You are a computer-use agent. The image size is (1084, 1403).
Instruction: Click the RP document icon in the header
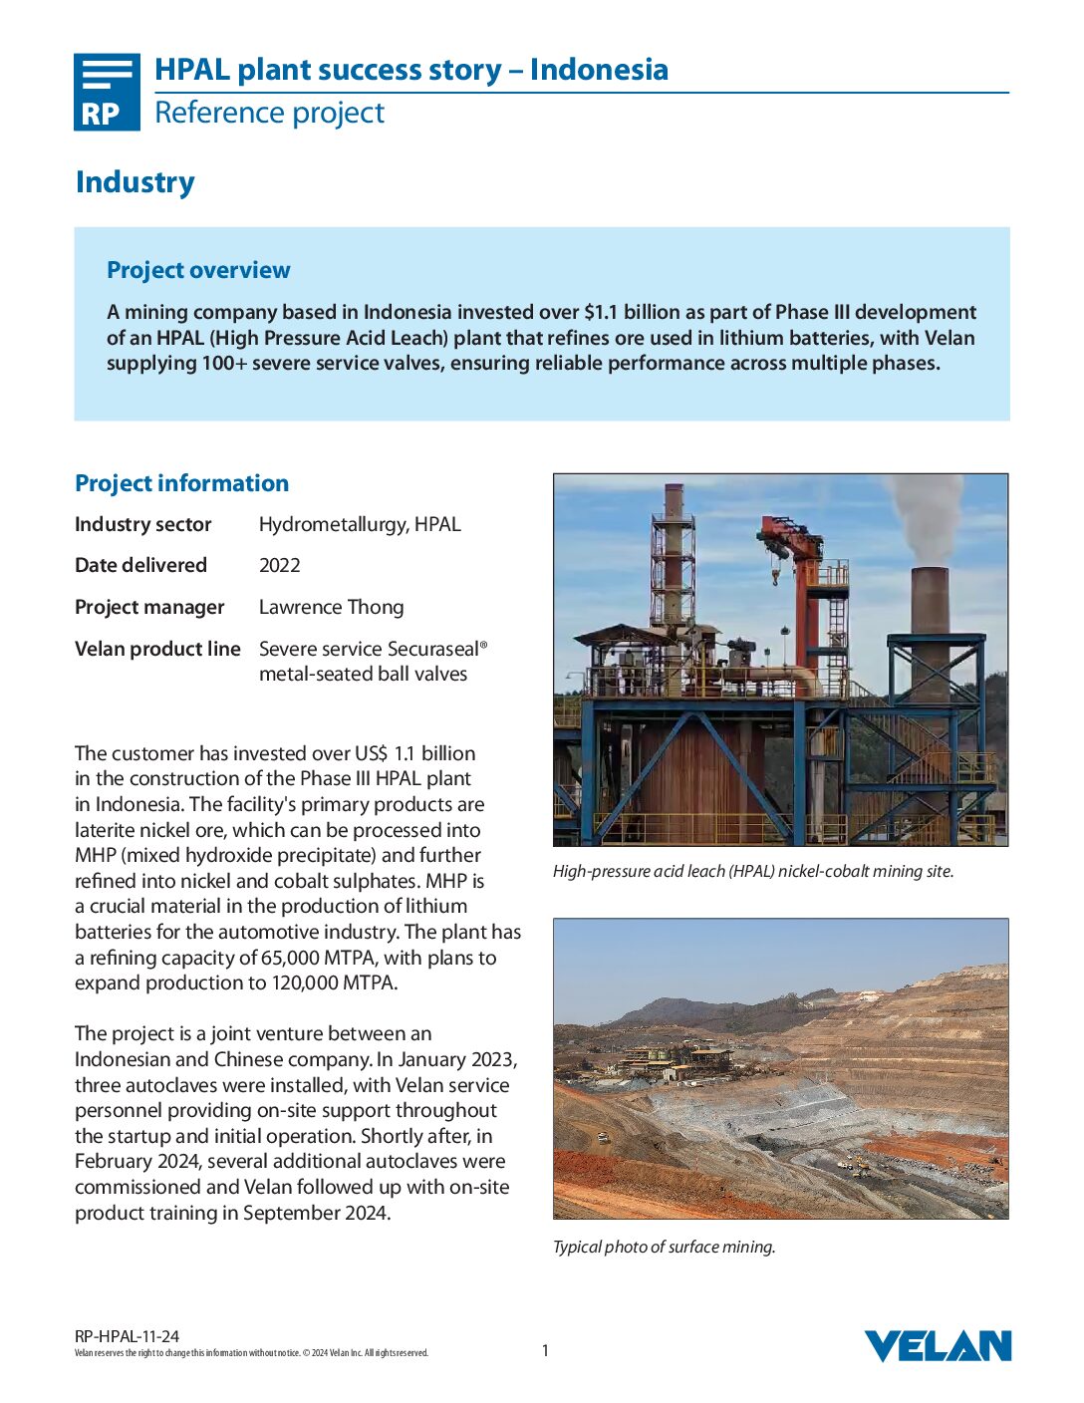coord(107,92)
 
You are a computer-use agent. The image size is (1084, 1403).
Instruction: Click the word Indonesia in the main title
coord(599,70)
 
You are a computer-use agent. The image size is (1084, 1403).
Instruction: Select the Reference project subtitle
coord(269,113)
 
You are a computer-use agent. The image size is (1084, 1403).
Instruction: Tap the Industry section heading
coord(135,182)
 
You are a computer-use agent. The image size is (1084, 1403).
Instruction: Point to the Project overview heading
coord(198,270)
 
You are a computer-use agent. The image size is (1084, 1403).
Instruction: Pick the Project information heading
coord(181,483)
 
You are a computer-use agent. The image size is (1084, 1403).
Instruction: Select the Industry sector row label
coord(142,524)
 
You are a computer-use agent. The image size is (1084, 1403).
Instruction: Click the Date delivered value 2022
coord(280,565)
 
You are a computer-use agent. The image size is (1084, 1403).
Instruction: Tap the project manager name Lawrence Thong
coord(331,607)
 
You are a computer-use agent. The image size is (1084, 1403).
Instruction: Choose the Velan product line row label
coord(157,649)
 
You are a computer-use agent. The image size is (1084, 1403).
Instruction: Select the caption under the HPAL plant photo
coord(752,871)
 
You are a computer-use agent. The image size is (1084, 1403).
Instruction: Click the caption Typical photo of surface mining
coord(664,1247)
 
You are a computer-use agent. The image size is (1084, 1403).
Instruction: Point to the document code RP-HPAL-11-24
coord(127,1336)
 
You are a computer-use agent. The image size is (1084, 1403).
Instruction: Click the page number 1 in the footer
coord(545,1350)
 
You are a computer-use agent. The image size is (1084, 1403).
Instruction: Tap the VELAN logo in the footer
coord(937,1346)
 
